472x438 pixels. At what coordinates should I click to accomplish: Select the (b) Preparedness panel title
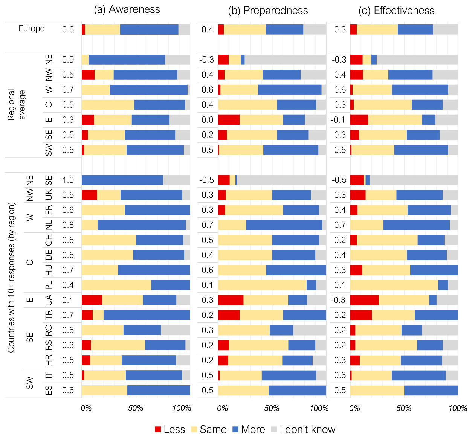click(268, 10)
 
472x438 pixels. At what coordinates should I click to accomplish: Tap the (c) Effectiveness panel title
click(396, 10)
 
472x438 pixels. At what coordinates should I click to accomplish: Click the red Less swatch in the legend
click(158, 429)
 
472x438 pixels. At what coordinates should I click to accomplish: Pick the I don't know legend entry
click(307, 429)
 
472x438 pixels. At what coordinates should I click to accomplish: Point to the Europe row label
click(32, 29)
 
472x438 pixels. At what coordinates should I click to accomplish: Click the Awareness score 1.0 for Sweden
click(68, 180)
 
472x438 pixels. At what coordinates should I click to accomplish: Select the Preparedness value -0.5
click(207, 180)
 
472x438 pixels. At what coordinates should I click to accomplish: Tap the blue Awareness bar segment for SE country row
click(122, 180)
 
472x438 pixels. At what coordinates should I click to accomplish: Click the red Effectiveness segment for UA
click(364, 300)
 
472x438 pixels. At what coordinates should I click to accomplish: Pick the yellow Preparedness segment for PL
click(262, 285)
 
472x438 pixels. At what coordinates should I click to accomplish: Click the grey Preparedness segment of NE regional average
click(285, 60)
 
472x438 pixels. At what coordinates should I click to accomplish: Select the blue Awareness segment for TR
click(147, 315)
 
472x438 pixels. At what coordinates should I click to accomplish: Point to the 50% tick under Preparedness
click(272, 408)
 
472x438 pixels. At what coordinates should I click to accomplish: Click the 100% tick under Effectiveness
click(458, 408)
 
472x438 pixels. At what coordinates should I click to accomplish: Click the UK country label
click(49, 195)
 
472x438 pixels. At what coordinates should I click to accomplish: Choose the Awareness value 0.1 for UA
click(68, 300)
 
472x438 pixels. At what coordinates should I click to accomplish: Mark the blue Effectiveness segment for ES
click(431, 390)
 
